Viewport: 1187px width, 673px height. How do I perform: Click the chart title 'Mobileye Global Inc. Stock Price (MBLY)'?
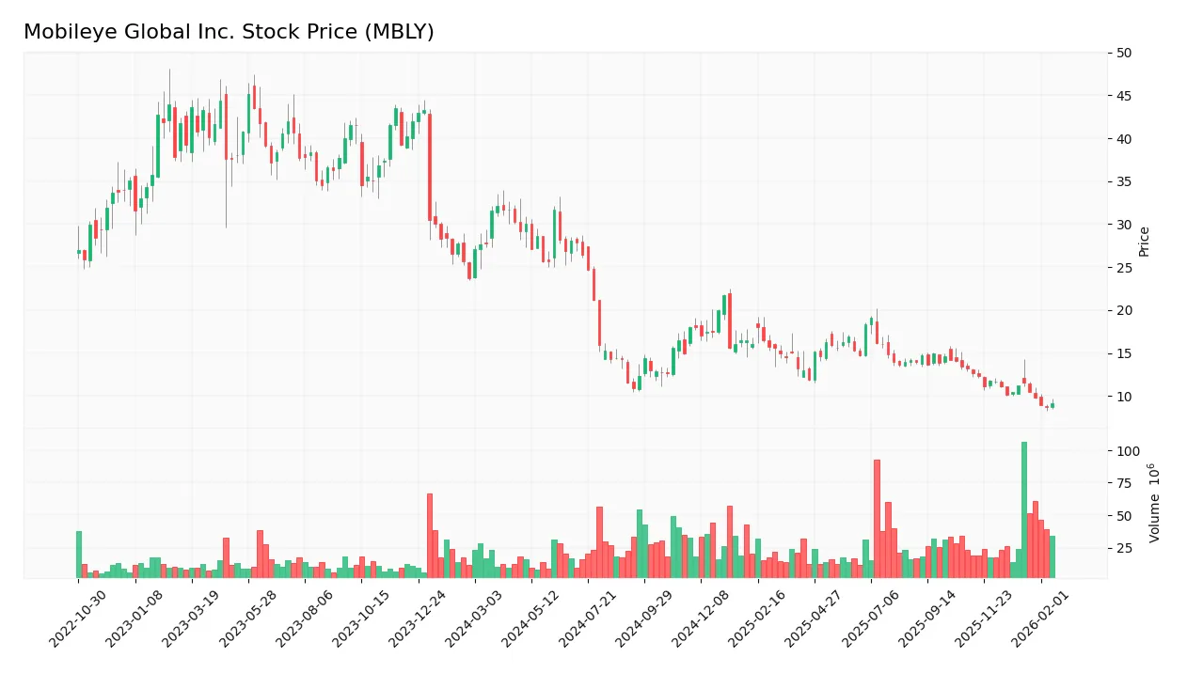(229, 32)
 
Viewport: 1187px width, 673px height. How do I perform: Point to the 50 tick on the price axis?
(1123, 53)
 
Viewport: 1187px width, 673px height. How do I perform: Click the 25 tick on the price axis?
(1123, 268)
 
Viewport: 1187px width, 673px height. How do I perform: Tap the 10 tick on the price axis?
(1123, 397)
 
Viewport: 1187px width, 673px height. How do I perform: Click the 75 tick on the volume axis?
(1123, 483)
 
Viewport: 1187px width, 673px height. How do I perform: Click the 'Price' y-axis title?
(1144, 242)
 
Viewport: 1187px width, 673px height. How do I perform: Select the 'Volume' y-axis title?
(1154, 503)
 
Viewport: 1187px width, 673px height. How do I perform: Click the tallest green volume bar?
(1024, 509)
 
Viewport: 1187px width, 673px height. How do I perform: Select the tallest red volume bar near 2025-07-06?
(877, 519)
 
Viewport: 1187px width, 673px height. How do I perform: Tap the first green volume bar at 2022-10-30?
(79, 555)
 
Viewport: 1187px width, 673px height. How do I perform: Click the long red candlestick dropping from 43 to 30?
(430, 167)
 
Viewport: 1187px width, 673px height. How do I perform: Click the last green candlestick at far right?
(1052, 405)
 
